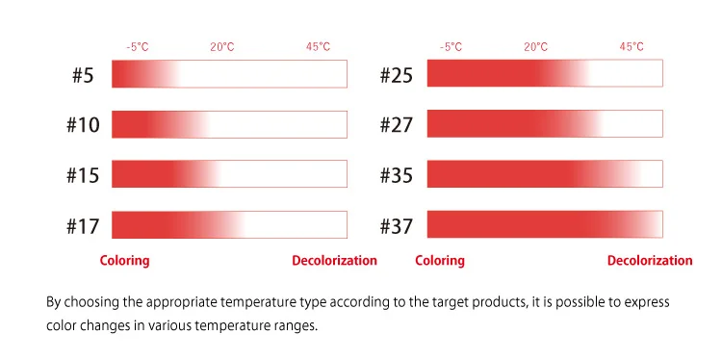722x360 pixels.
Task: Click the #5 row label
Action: [83, 74]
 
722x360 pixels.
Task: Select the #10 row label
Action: [83, 124]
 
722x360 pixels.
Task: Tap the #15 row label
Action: [83, 175]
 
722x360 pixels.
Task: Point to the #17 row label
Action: [83, 225]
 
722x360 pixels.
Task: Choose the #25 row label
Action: [396, 74]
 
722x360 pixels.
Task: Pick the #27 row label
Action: [396, 124]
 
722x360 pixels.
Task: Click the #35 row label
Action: [396, 175]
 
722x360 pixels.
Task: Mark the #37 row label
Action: [396, 225]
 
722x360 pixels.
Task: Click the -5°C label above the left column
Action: [137, 46]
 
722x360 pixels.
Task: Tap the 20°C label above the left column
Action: [222, 46]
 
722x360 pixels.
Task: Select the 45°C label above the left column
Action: [318, 46]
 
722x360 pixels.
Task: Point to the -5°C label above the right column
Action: [451, 46]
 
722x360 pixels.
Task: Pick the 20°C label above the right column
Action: [536, 46]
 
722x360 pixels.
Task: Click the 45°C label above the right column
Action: [632, 46]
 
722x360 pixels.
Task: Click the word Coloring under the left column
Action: [125, 261]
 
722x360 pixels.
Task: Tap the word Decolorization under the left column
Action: [334, 261]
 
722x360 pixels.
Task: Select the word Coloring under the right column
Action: [439, 261]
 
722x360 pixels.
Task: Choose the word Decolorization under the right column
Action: [649, 261]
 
